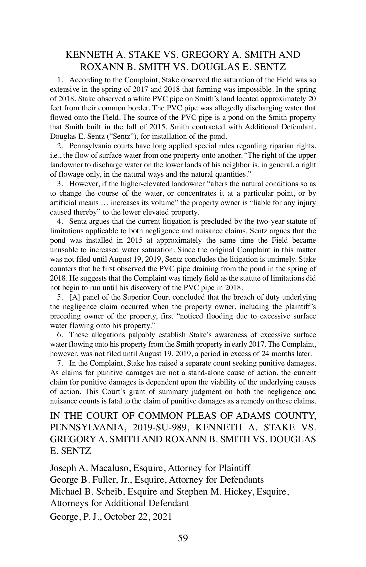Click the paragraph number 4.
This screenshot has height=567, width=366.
tap(60, 222)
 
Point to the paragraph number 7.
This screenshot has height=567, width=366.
tap(60, 363)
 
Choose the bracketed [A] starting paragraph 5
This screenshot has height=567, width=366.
tap(74, 297)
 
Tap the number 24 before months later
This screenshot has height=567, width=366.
tap(265, 354)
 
